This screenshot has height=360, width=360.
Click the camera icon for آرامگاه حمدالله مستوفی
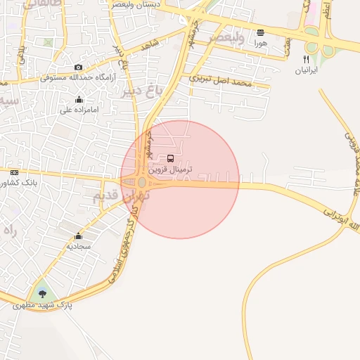(x=78, y=67)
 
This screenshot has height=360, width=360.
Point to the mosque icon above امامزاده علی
(x=77, y=99)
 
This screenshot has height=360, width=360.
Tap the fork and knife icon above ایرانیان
(x=306, y=60)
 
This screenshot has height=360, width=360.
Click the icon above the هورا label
(x=261, y=32)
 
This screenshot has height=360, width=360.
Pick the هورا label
(x=261, y=43)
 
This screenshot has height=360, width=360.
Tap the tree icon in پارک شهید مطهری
(x=43, y=294)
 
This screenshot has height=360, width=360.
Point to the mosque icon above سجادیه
(x=78, y=236)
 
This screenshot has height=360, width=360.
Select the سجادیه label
(x=79, y=247)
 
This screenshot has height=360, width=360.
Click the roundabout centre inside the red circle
(x=142, y=183)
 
